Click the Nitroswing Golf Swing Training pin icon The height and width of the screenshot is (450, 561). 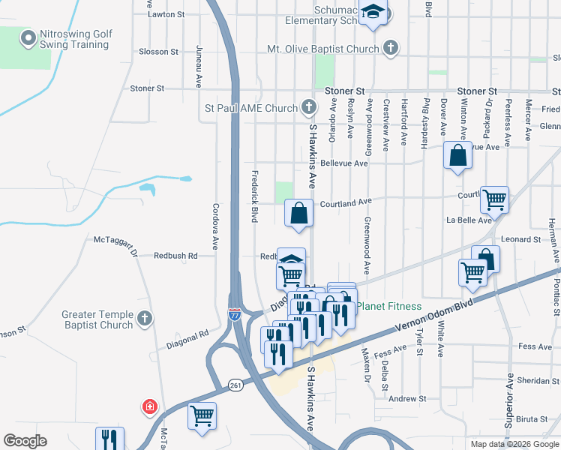[x=28, y=37]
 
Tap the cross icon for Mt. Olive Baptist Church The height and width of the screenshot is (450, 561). [x=390, y=49]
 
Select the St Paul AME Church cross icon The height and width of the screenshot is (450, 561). [x=308, y=107]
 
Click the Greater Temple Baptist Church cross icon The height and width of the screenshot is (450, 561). [x=145, y=319]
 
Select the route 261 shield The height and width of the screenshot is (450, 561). [x=235, y=385]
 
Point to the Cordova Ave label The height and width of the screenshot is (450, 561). [x=215, y=226]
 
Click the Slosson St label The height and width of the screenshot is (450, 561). [x=158, y=52]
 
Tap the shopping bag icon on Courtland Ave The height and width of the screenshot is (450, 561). [x=298, y=213]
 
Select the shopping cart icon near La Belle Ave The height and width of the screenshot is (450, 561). [x=494, y=199]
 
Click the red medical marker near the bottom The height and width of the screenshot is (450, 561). [x=150, y=406]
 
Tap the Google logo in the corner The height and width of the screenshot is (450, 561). [x=25, y=441]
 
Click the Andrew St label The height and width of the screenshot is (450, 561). [x=407, y=399]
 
